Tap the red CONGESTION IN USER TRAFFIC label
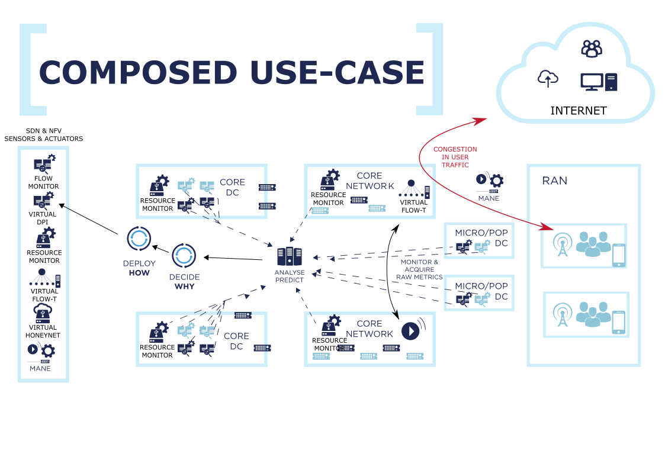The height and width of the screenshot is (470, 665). [x=455, y=157]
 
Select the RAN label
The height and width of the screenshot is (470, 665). [x=554, y=181]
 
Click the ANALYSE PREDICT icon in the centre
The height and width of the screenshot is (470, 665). [x=289, y=256]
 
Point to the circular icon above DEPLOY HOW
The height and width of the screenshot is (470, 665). [x=139, y=238]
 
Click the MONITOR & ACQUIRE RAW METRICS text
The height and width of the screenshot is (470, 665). [x=420, y=269]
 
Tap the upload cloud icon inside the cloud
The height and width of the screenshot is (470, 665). [x=548, y=78]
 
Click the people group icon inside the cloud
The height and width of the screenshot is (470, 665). [x=591, y=48]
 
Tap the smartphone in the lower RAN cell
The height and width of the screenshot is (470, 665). [x=618, y=322]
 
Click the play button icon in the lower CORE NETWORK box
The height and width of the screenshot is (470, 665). [x=411, y=330]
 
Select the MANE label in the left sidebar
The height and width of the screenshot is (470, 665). [x=40, y=368]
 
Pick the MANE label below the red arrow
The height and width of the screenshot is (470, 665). [x=489, y=198]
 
